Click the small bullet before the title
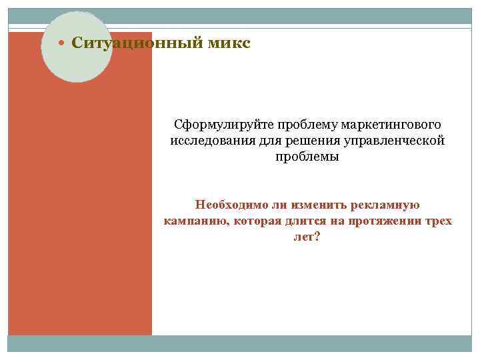pyautogui.click(x=63, y=44)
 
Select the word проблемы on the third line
pyautogui.click(x=307, y=157)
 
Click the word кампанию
pyautogui.click(x=193, y=221)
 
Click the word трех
pyautogui.click(x=439, y=221)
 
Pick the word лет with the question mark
pyautogui.click(x=307, y=237)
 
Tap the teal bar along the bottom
pyautogui.click(x=240, y=343)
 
